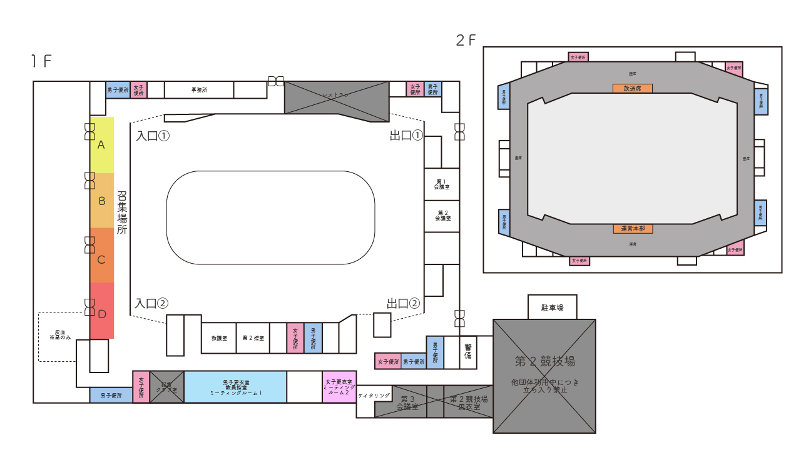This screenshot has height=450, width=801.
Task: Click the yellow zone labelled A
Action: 102,145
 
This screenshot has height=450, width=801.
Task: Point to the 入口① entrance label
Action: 153,136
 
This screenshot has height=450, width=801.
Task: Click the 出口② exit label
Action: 403,304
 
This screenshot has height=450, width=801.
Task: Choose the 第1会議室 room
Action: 442,184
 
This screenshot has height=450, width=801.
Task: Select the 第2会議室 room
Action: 442,216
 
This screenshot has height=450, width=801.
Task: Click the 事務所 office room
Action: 199,90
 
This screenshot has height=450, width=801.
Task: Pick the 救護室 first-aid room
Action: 219,338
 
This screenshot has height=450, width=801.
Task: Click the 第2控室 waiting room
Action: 253,338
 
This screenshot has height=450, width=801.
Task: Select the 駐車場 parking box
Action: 552,307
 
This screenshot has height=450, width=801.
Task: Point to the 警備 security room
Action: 467,351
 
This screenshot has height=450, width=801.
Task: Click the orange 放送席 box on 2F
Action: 633,89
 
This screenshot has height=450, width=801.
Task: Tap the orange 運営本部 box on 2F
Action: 633,229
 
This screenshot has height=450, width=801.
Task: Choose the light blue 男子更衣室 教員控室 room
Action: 235,387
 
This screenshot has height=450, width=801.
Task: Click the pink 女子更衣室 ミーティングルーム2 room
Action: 339,387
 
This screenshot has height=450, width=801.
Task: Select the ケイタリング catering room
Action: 374,396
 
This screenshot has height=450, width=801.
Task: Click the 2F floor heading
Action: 466,41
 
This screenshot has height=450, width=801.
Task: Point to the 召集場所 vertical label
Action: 122,212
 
